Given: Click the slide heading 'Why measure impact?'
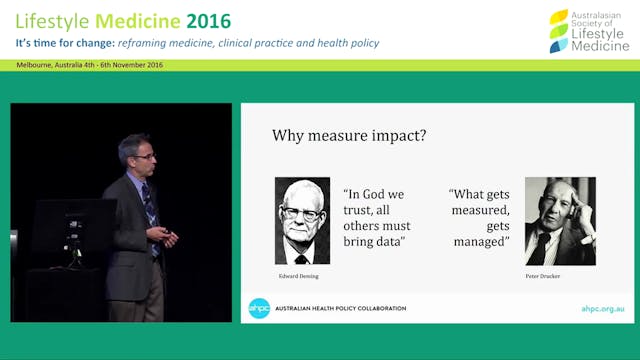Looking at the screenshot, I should tap(349, 136).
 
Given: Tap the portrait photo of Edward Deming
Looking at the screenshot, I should tap(302, 220).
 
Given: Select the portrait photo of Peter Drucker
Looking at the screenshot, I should tap(560, 220).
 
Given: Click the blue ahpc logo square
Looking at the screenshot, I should tap(259, 308).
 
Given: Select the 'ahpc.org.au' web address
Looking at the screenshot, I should tap(604, 309).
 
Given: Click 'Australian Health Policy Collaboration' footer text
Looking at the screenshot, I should tap(341, 309).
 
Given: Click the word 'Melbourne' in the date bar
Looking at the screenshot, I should tap(35, 65).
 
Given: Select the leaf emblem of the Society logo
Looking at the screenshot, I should tap(558, 30).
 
